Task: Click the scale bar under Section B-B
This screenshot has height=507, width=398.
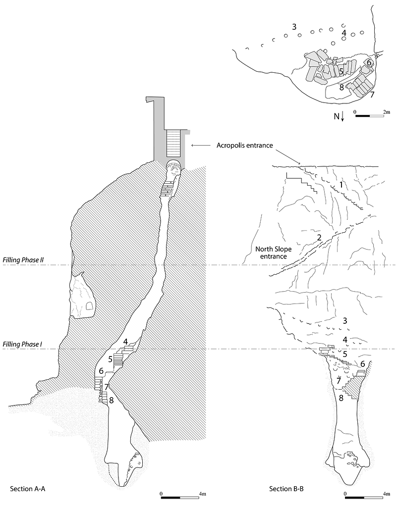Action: pos(365,497)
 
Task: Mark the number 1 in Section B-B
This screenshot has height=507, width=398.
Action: pos(341,185)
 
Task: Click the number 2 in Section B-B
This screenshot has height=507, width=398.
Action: pos(319,238)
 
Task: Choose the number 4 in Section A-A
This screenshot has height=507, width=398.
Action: pos(126,342)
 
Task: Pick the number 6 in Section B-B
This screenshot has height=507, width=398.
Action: pos(362,364)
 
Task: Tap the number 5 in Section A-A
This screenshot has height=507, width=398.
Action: pos(110,359)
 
